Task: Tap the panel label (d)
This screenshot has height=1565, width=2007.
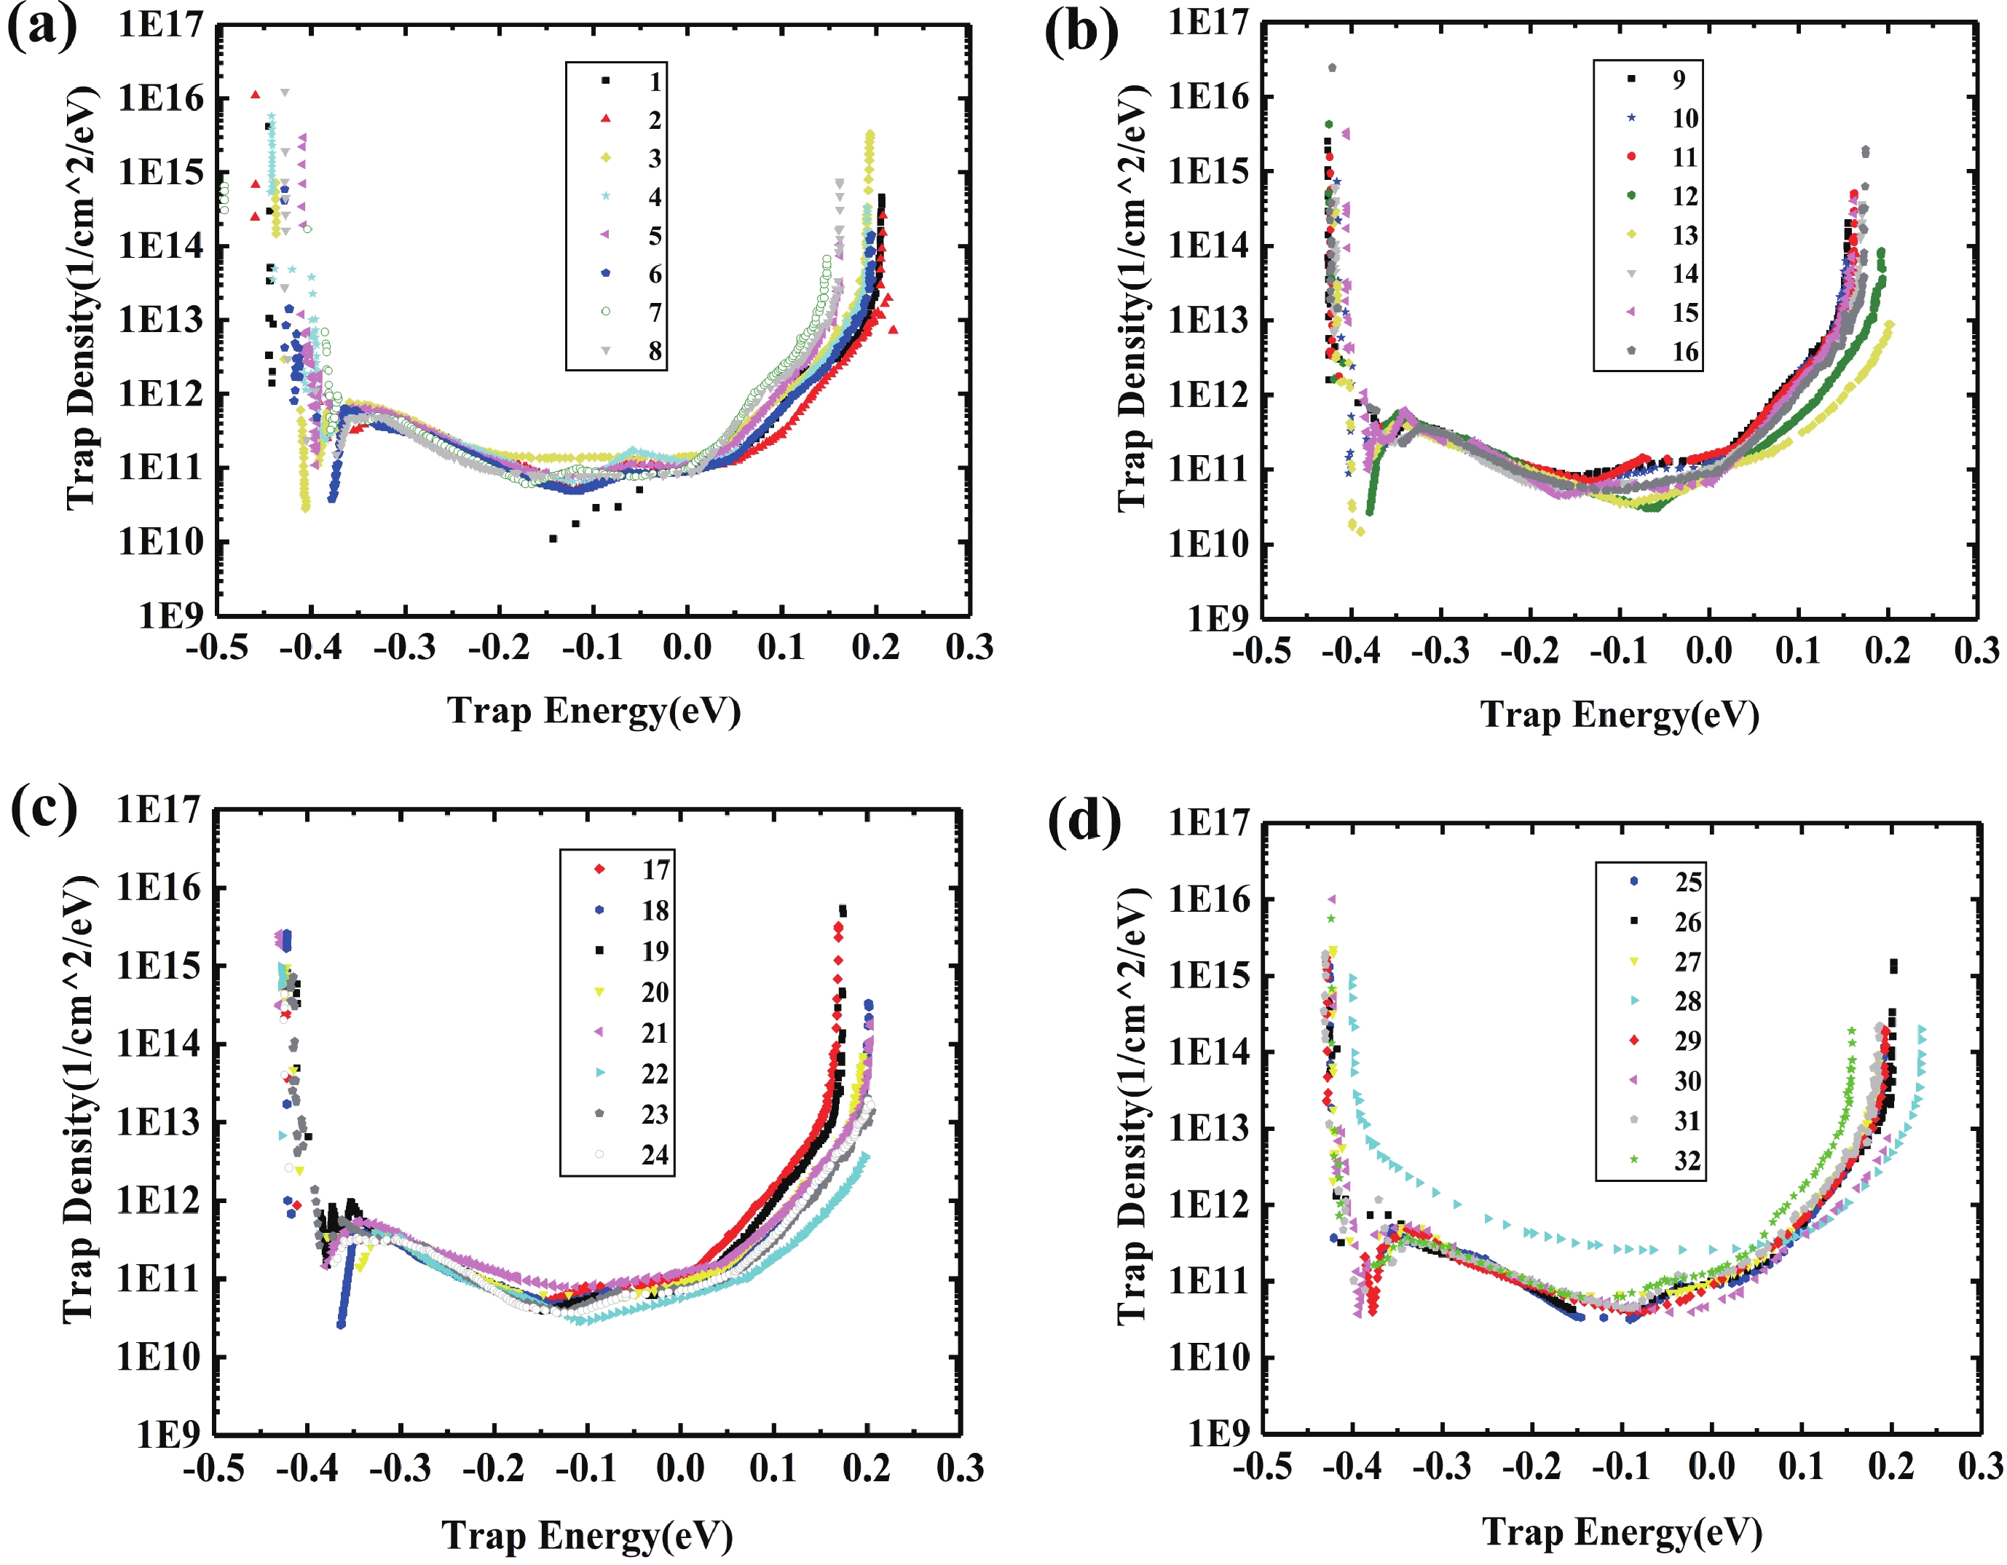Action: (x=1084, y=821)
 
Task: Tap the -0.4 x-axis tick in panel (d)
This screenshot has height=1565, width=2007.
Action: (x=1353, y=1467)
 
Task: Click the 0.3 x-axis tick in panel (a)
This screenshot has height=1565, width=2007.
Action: (x=969, y=648)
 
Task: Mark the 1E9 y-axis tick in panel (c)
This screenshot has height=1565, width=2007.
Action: (x=168, y=1434)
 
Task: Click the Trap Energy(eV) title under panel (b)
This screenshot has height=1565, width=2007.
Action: (x=1620, y=715)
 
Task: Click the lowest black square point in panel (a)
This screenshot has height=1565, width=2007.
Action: (x=553, y=538)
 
